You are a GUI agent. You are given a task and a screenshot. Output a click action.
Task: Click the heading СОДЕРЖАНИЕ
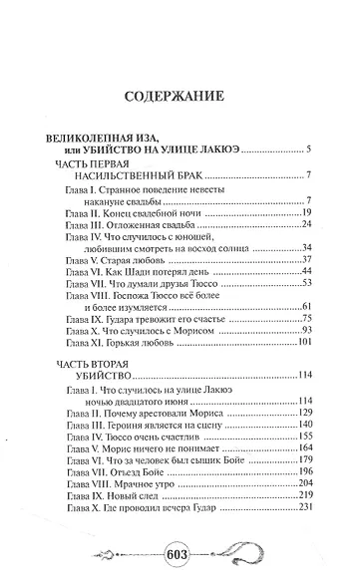[179, 97]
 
